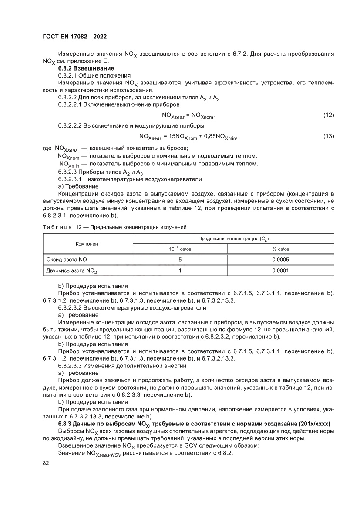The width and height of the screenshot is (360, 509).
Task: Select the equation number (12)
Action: (x=328, y=115)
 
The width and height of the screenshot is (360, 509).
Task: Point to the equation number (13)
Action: (x=328, y=136)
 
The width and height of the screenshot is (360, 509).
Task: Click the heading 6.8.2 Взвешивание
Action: (x=86, y=68)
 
